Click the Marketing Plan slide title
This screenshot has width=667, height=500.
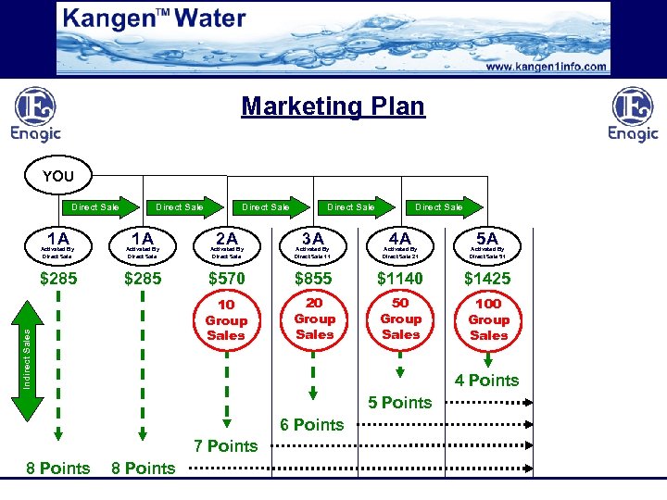pyautogui.click(x=333, y=106)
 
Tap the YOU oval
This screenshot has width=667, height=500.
pyautogui.click(x=58, y=176)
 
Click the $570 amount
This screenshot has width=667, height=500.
pyautogui.click(x=227, y=279)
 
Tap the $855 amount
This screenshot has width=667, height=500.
pyautogui.click(x=314, y=279)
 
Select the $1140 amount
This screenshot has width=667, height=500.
pyautogui.click(x=400, y=279)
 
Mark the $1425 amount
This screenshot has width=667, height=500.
pyautogui.click(x=487, y=279)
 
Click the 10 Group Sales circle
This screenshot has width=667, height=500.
pyautogui.click(x=227, y=320)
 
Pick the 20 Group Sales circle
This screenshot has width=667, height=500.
pyautogui.click(x=314, y=319)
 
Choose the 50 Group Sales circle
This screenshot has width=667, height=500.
pyautogui.click(x=401, y=319)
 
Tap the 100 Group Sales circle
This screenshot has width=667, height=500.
pyautogui.click(x=488, y=319)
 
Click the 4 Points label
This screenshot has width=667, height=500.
pyautogui.click(x=487, y=381)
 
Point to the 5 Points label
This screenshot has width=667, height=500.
pyautogui.click(x=400, y=403)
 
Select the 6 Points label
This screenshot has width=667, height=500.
pyautogui.click(x=312, y=425)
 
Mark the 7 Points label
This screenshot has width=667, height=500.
pyautogui.click(x=226, y=446)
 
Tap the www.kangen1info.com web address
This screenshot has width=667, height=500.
pyautogui.click(x=547, y=67)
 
